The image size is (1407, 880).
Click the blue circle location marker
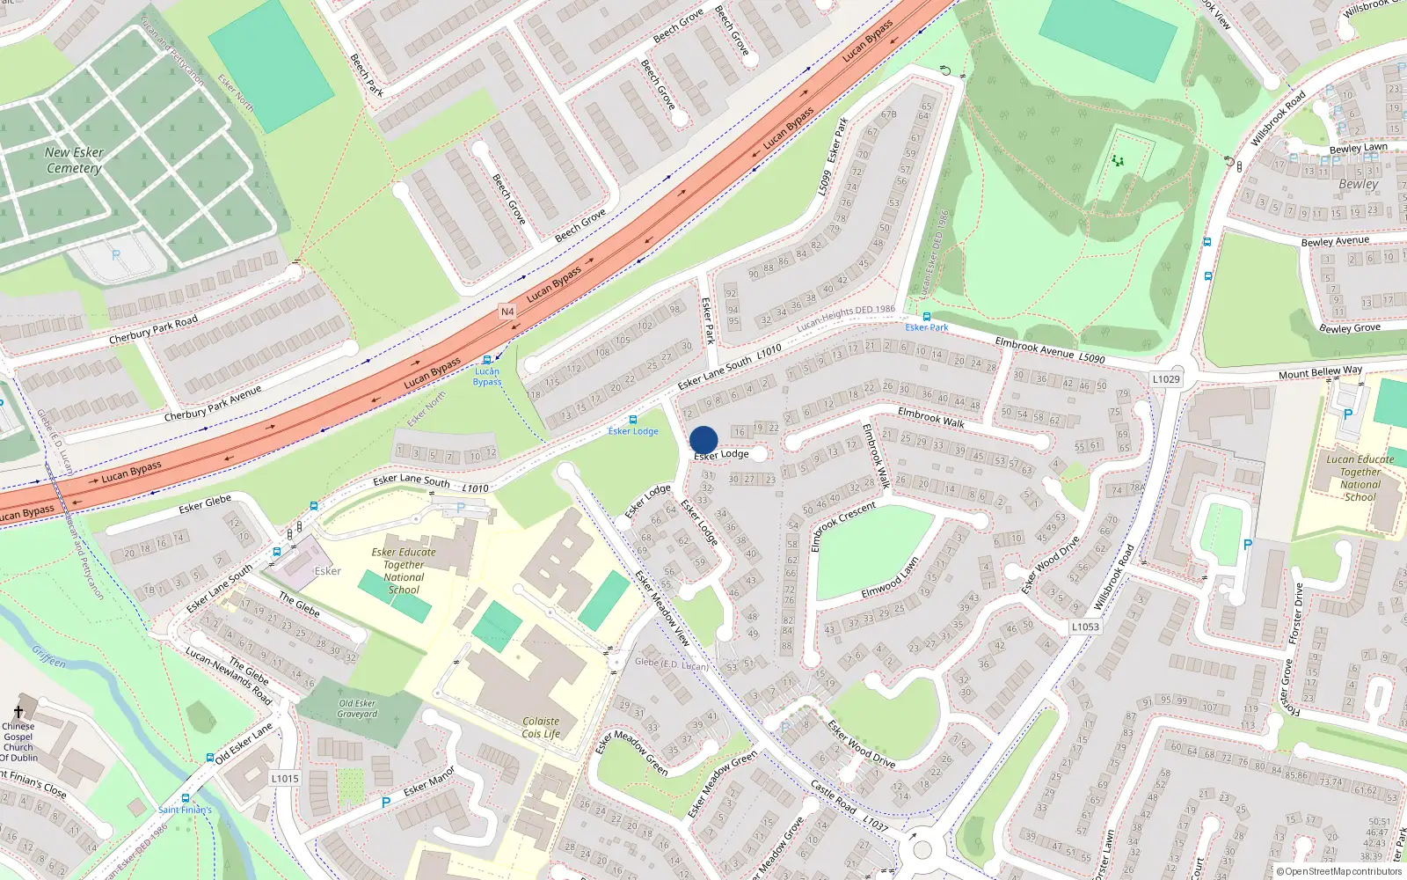703,440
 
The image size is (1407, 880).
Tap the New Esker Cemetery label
75,160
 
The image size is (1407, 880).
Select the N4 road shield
507,312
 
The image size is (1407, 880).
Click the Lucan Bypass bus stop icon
487,360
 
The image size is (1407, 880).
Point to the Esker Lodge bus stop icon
633,421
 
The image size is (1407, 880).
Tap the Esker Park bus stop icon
926,317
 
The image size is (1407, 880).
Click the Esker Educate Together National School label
404,571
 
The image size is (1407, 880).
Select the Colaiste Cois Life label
541,727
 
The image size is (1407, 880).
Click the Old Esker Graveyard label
357,708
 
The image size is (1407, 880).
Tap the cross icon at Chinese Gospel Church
18,712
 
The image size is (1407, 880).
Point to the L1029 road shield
1166,379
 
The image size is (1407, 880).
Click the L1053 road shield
1085,627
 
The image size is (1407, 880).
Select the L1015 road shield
285,778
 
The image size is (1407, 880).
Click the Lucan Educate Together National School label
1360,478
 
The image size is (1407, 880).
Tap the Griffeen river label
48,656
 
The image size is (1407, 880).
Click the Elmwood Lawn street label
890,578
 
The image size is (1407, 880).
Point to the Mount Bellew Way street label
1320,373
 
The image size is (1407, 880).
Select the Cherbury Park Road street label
153,330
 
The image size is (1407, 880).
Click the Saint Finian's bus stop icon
185,798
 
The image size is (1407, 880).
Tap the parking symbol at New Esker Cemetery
116,255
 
